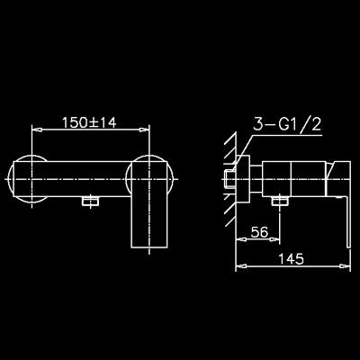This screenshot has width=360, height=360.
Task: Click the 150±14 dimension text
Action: click(x=89, y=122)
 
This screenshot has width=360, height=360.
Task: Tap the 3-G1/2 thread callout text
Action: click(x=287, y=124)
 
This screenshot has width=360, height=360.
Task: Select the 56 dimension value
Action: click(x=259, y=232)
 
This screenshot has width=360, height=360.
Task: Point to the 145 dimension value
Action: click(x=291, y=258)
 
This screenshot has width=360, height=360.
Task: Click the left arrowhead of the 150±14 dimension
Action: click(x=37, y=130)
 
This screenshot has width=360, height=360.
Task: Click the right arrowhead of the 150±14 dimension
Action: click(x=144, y=130)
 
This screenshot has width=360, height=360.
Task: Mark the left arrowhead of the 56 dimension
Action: click(x=241, y=239)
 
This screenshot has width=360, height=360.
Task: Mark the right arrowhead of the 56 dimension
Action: click(x=274, y=239)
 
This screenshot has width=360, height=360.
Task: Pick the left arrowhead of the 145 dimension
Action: click(x=241, y=265)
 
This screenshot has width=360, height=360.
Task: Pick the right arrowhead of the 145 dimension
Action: click(x=346, y=265)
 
